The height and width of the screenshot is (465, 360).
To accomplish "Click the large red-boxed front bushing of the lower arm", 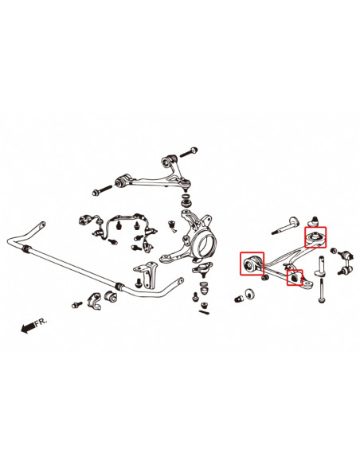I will [x=252, y=264].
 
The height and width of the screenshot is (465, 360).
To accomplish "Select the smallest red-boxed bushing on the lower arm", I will [x=295, y=279].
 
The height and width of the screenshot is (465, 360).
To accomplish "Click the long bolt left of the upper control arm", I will [x=103, y=190].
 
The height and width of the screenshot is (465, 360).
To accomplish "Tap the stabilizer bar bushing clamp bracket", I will [x=97, y=300].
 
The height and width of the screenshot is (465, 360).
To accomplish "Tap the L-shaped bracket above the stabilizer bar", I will [x=147, y=271].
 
